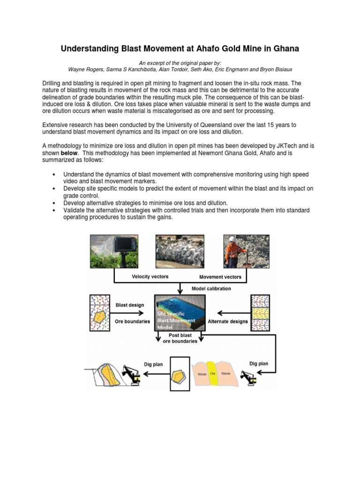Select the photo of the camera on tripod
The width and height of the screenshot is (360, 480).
(114, 252)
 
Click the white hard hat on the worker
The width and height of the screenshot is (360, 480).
(232, 239)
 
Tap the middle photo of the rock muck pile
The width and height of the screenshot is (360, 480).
(180, 252)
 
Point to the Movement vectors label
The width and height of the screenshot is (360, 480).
(220, 277)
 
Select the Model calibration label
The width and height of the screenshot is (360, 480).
(211, 288)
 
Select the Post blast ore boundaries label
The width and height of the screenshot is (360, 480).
(180, 338)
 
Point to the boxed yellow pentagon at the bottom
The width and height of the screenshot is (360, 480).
(180, 374)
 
